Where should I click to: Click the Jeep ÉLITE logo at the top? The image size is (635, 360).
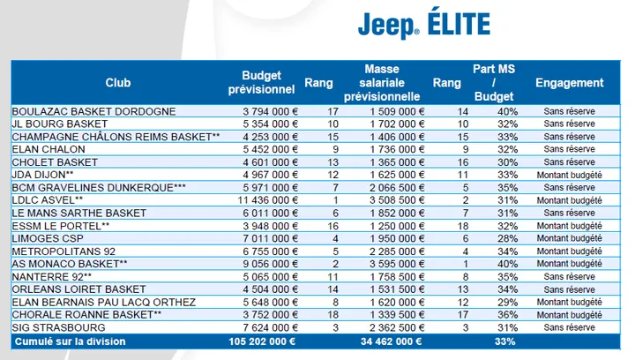(424, 24)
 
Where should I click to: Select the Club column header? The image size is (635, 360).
(118, 83)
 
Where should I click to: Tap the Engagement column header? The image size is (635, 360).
(570, 83)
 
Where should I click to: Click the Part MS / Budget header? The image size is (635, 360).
(494, 83)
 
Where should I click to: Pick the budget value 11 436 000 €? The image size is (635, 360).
(268, 200)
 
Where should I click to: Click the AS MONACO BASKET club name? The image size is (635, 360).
(70, 264)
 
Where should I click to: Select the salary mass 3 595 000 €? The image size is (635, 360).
(397, 264)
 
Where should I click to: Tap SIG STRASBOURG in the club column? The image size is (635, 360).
(59, 327)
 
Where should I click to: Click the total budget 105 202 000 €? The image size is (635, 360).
(262, 341)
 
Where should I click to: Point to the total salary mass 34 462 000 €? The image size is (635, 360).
(392, 341)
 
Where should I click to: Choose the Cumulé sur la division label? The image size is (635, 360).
(70, 341)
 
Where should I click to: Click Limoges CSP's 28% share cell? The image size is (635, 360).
(507, 238)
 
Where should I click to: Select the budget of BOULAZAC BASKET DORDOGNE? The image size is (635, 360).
(271, 111)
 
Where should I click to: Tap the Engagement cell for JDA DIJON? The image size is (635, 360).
(570, 175)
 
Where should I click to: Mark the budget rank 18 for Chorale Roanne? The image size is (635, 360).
(332, 315)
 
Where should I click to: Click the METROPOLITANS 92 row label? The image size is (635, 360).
(63, 251)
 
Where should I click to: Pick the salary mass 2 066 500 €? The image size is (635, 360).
(397, 187)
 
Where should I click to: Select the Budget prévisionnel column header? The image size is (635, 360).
(261, 83)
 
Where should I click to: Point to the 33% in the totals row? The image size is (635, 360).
(505, 341)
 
